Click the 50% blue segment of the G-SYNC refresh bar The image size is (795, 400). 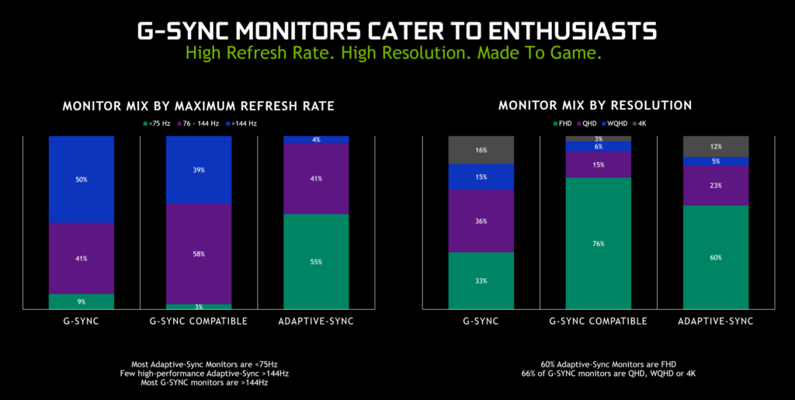[82, 179]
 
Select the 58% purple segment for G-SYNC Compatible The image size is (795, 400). [199, 254]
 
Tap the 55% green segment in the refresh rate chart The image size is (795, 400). [316, 262]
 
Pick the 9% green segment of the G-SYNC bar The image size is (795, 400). [82, 301]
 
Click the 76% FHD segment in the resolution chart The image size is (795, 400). [598, 243]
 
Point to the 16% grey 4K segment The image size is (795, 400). [481, 150]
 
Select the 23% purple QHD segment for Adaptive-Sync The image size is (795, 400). [715, 186]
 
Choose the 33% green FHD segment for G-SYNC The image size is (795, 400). [481, 280]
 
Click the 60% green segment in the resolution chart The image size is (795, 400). [715, 257]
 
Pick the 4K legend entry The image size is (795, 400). [630, 123]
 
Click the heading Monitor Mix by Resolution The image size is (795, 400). [595, 105]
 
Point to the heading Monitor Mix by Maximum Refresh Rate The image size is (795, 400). [199, 105]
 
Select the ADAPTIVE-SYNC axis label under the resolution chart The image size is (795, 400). [715, 321]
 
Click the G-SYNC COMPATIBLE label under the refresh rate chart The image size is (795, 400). [199, 321]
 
